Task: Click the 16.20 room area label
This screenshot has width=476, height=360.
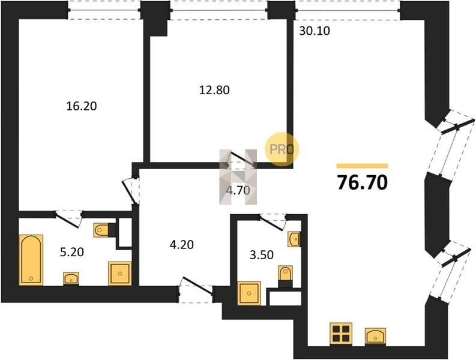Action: point(82,106)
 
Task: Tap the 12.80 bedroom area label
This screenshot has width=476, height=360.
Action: point(214,90)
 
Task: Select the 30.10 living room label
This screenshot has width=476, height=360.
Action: point(315,31)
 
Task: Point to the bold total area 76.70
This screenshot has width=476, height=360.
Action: point(363,183)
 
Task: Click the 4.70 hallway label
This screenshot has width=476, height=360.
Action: point(238,190)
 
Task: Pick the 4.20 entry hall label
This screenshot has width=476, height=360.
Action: point(182,244)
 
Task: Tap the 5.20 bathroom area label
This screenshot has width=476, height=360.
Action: point(72,252)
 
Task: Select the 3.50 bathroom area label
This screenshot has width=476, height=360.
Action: point(262,255)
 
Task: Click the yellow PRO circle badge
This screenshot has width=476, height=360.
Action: point(282,149)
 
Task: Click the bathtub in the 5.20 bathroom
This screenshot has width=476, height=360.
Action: point(31,260)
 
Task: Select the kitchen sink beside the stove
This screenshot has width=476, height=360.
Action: point(375,337)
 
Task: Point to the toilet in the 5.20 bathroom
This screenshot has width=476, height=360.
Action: point(101,230)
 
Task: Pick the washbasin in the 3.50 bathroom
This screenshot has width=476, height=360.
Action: point(294,239)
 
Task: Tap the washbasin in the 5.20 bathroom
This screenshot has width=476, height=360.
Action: point(71,278)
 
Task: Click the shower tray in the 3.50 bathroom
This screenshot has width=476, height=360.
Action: point(249,293)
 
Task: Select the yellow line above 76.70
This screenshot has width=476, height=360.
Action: point(362,166)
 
